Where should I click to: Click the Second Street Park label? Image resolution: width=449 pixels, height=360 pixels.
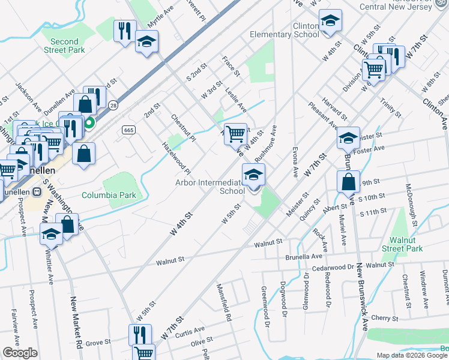click(64, 46)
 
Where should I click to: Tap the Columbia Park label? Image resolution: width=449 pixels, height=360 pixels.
click(109, 195)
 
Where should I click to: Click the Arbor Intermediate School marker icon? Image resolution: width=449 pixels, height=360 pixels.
click(253, 175)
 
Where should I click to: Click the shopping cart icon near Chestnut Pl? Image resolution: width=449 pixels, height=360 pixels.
click(235, 133)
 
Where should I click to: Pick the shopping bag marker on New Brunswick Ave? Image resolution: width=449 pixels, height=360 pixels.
click(348, 181)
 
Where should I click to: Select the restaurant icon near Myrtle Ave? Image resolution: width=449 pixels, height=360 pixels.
click(124, 31)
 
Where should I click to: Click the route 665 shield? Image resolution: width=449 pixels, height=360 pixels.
click(128, 130)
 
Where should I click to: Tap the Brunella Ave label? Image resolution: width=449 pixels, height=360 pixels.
click(304, 256)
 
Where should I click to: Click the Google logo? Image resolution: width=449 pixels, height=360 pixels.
click(20, 353)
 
